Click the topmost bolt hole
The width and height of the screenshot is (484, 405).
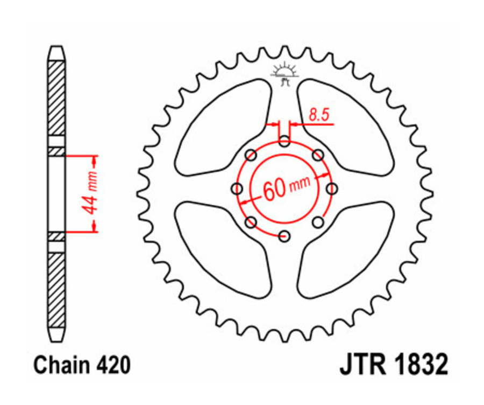click(284, 142)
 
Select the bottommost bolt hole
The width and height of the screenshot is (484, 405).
click(284, 236)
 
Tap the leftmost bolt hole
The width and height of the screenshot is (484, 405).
click(237, 188)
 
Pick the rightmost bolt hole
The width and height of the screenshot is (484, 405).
click(332, 188)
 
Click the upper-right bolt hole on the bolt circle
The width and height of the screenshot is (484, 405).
click(318, 155)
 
